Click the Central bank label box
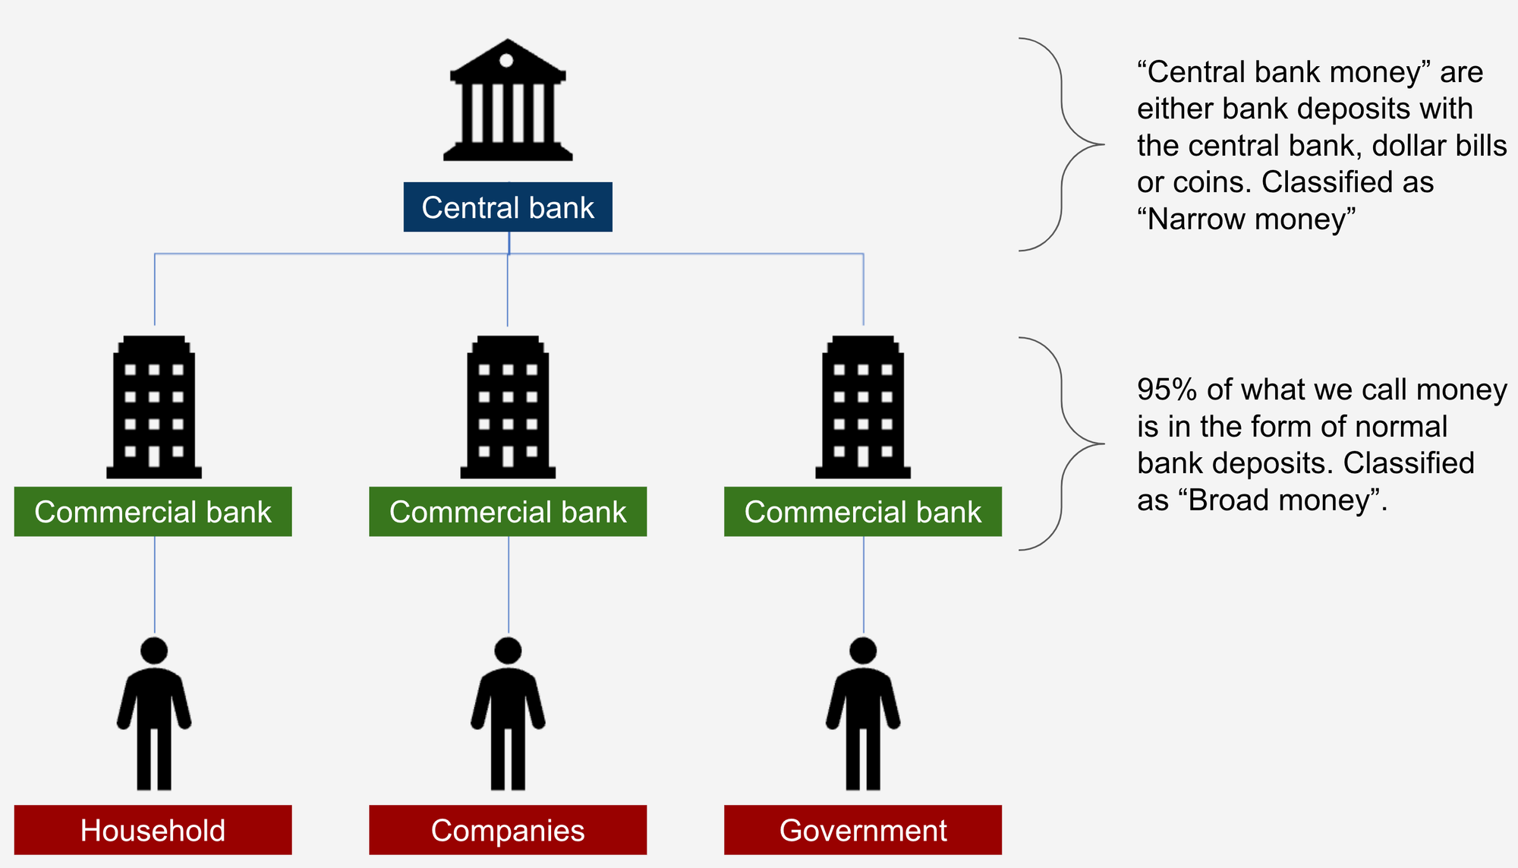coord(508,207)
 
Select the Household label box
coord(153,830)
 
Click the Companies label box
coord(508,830)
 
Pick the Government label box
coord(863,830)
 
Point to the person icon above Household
coord(154,714)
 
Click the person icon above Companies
coord(508,714)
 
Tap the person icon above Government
coord(863,714)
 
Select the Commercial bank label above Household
coord(153,512)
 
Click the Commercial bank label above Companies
coord(508,512)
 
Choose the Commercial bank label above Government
coord(863,512)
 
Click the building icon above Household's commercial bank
coord(154,407)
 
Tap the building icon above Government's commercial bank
coord(863,407)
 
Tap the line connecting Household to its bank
coord(155,585)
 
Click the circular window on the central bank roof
coord(506,61)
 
